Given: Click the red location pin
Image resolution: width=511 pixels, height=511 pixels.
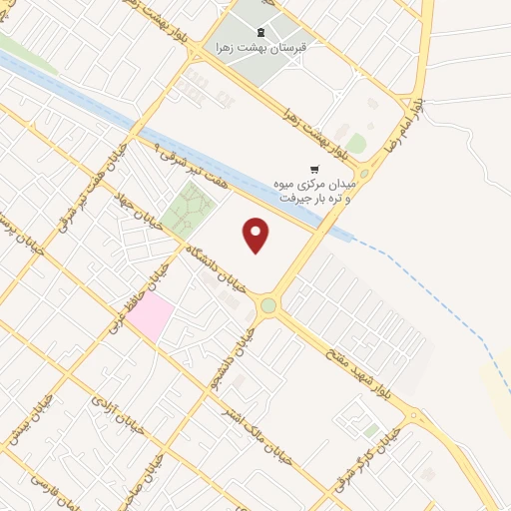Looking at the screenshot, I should [256, 235].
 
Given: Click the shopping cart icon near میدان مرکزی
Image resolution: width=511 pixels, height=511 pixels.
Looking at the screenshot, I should [315, 170].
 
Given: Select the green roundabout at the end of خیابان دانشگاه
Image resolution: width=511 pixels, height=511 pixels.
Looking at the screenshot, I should [268, 305].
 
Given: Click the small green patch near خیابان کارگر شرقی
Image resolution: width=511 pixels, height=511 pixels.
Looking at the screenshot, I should [371, 430].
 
